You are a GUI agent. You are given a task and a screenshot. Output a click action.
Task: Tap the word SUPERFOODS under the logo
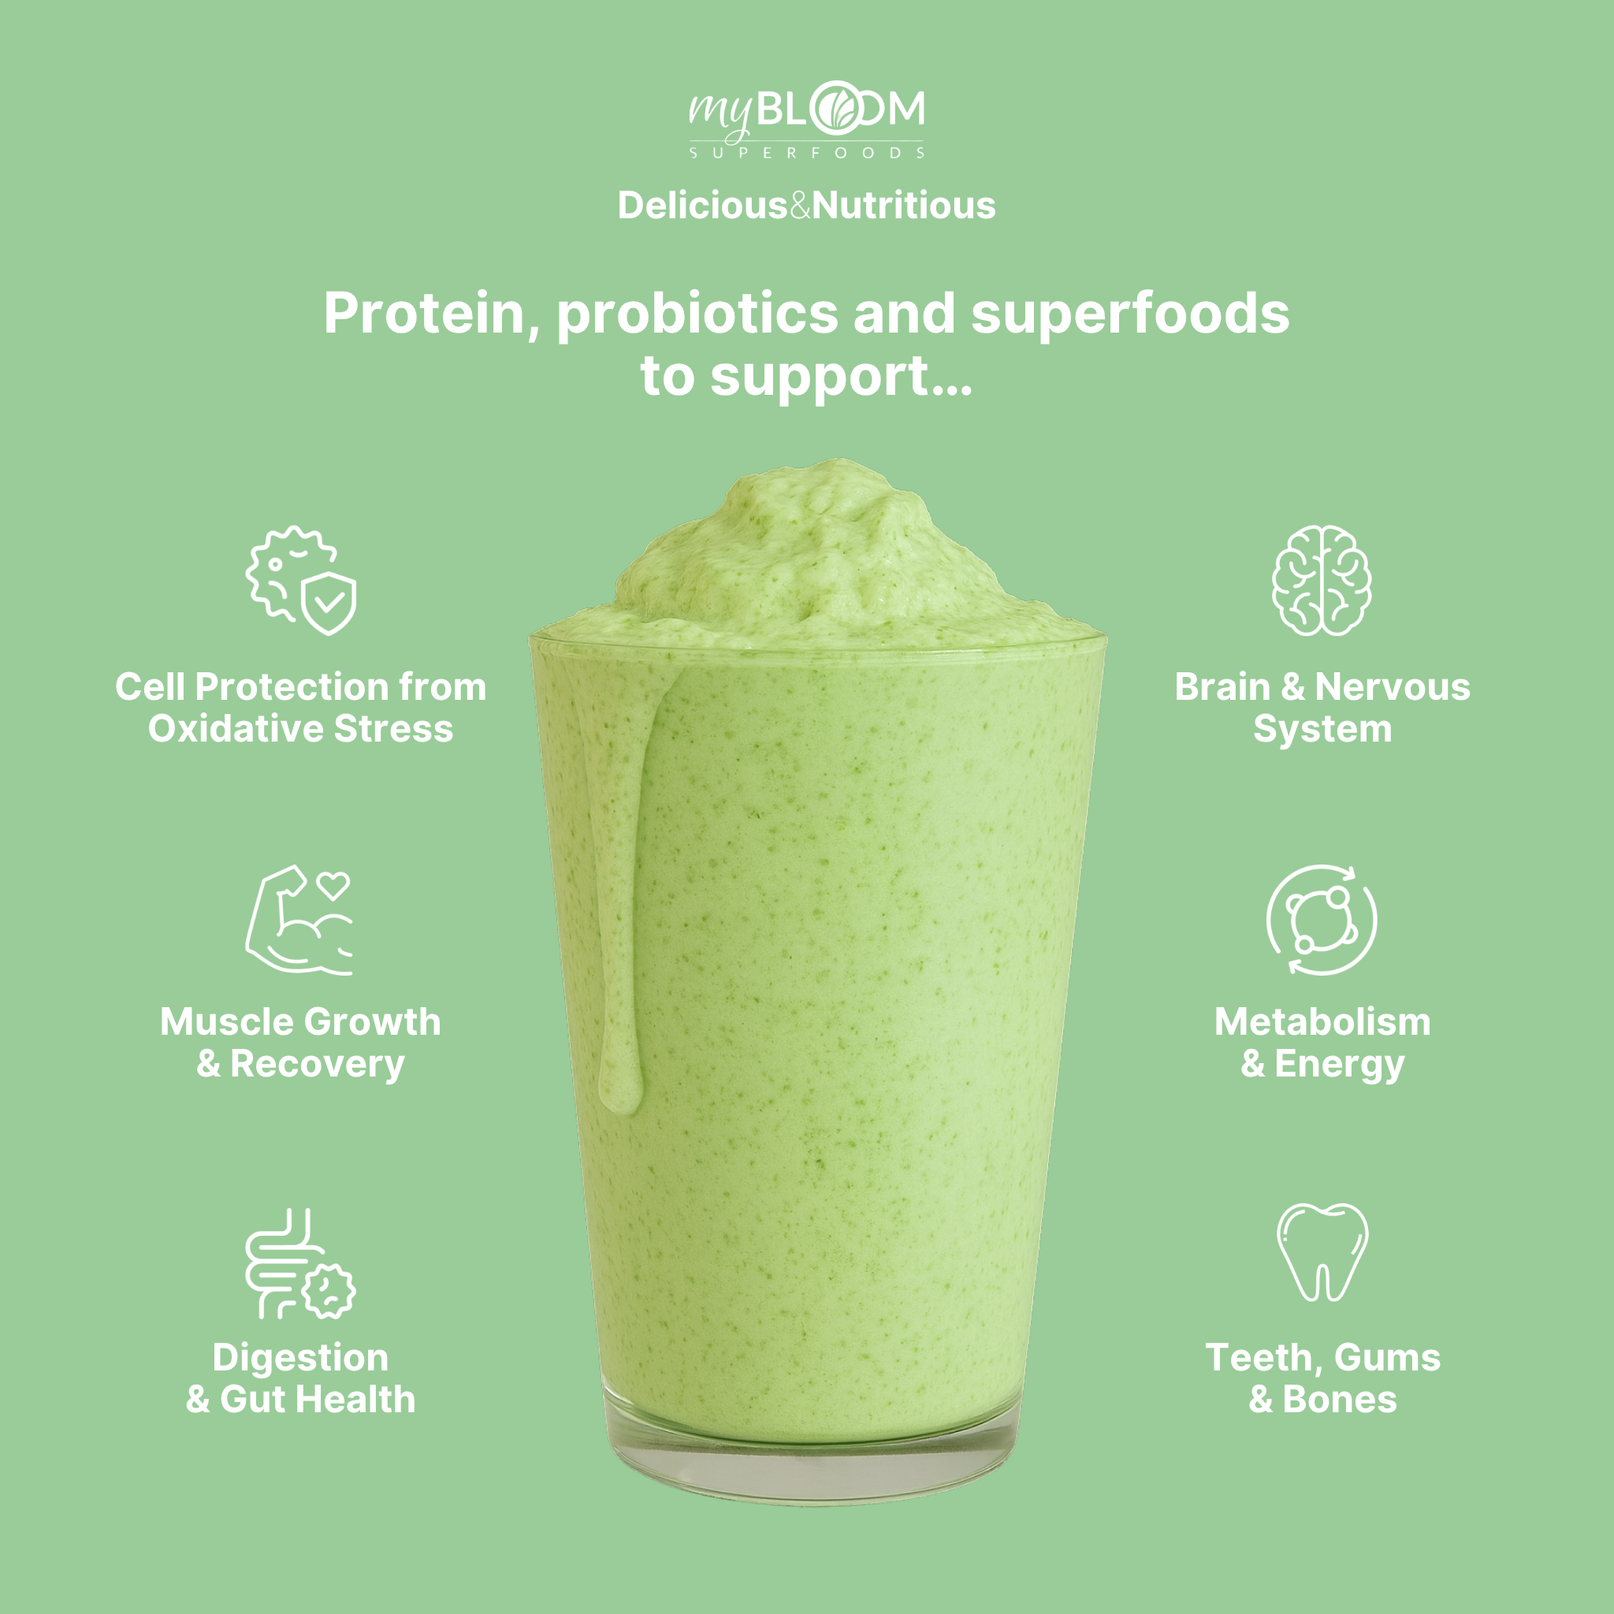tap(807, 153)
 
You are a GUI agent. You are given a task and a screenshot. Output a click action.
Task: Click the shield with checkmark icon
tap(329, 602)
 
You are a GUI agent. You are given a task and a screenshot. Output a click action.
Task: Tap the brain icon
tap(1322, 580)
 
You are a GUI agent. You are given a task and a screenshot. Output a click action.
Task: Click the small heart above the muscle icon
tap(334, 885)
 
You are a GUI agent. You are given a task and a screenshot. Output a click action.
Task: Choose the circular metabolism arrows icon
tap(1322, 920)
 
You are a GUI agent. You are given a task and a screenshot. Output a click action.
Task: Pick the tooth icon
tap(1322, 1251)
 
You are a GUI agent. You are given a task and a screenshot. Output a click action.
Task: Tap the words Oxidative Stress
tap(301, 729)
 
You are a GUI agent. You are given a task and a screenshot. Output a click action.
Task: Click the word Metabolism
tap(1322, 1022)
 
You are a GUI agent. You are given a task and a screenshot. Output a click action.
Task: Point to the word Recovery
tap(318, 1064)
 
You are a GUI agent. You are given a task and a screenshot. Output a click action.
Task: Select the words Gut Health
tap(318, 1400)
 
